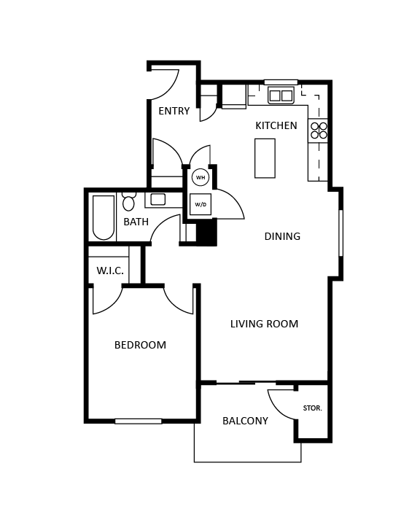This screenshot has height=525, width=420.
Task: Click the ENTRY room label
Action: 174,112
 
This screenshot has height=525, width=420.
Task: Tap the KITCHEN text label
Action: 276,126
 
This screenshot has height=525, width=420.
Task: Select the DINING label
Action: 282,237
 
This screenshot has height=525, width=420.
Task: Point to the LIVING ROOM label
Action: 264,324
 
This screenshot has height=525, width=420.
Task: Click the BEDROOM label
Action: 140,346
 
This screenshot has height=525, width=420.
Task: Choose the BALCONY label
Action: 245,421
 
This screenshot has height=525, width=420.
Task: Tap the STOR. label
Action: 312,408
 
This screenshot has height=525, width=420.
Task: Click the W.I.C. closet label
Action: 109,271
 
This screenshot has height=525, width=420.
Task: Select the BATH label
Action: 136,222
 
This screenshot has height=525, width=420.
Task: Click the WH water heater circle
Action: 201,177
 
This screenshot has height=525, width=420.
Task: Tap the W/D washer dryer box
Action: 201,205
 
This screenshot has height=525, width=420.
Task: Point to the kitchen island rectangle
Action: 265,158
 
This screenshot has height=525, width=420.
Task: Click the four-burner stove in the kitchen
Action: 319,131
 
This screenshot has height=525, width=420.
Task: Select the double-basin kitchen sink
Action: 281,96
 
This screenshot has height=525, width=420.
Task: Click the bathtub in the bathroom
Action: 104,217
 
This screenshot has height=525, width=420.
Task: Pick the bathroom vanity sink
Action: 157,199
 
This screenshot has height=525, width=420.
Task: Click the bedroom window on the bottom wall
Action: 138,421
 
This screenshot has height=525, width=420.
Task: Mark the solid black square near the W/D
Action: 206,233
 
